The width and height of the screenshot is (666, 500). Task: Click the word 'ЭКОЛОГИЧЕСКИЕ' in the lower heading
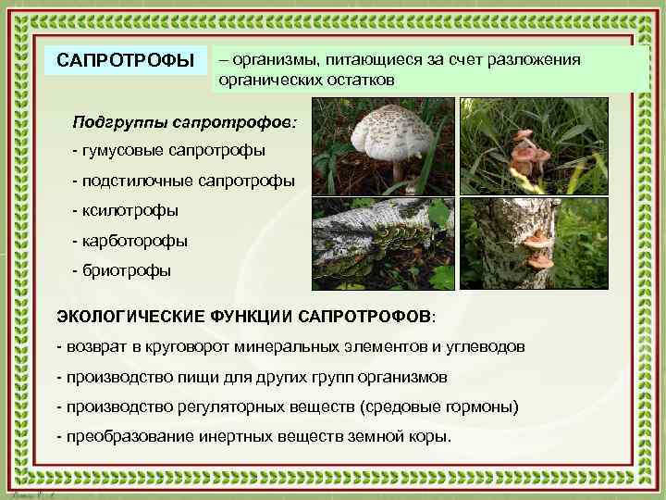tap(124, 316)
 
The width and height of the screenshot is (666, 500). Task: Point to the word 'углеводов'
tap(490, 346)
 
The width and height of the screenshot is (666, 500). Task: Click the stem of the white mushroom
tap(398, 171)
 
